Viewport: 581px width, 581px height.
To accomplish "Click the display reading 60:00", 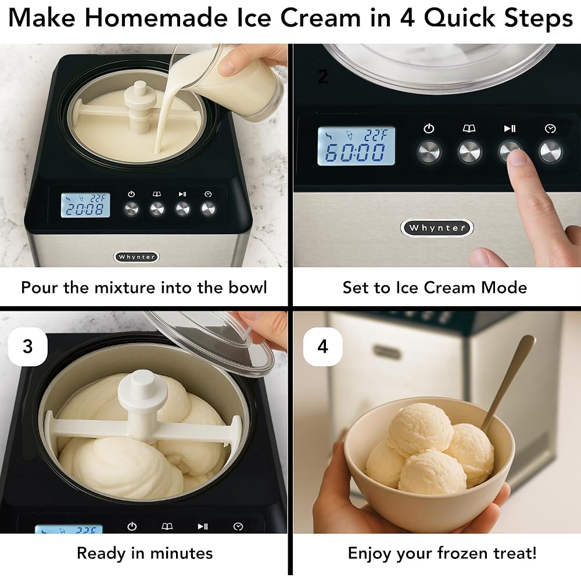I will click(356, 146).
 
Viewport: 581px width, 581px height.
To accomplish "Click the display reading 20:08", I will click(85, 205).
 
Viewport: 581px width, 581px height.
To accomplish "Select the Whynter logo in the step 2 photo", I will click(436, 228).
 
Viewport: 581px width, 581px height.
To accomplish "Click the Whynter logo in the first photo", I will click(137, 256).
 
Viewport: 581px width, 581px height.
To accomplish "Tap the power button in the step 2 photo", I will click(429, 152).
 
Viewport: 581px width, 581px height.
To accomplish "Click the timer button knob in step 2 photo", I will click(550, 152).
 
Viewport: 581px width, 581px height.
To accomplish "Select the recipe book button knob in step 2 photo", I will click(469, 152).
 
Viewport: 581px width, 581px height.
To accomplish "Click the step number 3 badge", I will click(27, 346).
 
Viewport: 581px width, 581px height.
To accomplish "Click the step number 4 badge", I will click(322, 346).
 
